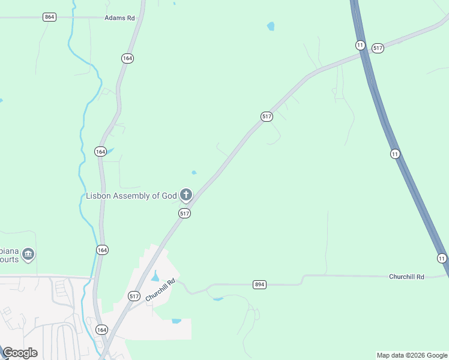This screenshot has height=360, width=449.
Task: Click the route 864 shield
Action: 50,17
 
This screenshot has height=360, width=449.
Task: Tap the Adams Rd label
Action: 119,18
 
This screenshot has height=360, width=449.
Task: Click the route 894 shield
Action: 259,284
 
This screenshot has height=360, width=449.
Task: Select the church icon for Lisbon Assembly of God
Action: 187,194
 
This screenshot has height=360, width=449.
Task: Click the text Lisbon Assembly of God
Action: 131,196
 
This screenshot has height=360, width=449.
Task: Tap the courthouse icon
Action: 28,254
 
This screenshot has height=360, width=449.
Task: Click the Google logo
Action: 20,352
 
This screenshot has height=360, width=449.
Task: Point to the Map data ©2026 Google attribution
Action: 411,355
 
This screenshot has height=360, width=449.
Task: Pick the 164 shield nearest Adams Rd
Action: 127,58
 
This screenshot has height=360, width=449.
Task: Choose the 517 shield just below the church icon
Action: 184,213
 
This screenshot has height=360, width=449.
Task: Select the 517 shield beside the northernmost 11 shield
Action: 378,48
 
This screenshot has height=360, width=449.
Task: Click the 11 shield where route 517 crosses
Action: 360,45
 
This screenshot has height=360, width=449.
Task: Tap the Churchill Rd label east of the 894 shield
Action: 406,277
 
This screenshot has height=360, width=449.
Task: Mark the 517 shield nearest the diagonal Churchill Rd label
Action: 134,296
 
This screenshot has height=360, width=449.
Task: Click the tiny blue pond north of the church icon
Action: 194,173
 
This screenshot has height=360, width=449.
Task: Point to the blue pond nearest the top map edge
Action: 271,26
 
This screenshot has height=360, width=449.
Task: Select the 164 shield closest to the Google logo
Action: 101,329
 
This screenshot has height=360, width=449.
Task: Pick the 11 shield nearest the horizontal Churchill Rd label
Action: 442,258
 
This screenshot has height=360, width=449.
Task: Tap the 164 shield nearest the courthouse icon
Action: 102,249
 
